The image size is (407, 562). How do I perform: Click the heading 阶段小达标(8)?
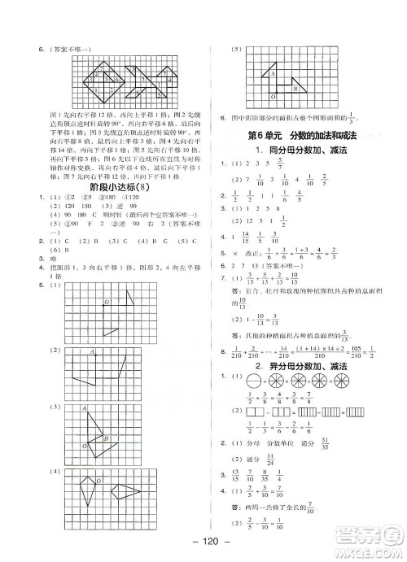point(105,189)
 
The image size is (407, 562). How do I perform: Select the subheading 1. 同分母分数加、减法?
point(304,150)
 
